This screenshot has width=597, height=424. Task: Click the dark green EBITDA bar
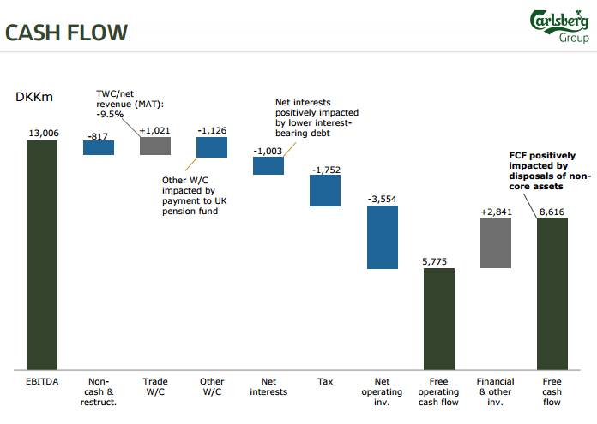(x=42, y=254)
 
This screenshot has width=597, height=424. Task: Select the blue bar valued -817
(x=99, y=147)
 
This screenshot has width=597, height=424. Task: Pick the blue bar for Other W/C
(x=212, y=147)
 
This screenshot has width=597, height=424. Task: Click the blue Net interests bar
(x=268, y=165)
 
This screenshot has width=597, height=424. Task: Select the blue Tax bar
(x=325, y=191)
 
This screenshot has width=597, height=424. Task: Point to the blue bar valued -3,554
(x=382, y=237)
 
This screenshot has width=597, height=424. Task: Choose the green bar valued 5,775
(x=438, y=319)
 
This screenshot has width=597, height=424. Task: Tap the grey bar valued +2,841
(x=496, y=243)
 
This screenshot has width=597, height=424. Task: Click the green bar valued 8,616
(x=552, y=293)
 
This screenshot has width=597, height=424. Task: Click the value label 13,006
(x=42, y=133)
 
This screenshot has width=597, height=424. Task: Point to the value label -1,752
(x=325, y=170)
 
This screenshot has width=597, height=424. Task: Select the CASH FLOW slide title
(x=66, y=33)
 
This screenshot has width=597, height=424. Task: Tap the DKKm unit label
(x=34, y=97)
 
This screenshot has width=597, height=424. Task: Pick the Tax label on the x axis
(x=325, y=382)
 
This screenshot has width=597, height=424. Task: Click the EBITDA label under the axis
(x=42, y=382)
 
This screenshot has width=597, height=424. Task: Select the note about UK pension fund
(x=195, y=195)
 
